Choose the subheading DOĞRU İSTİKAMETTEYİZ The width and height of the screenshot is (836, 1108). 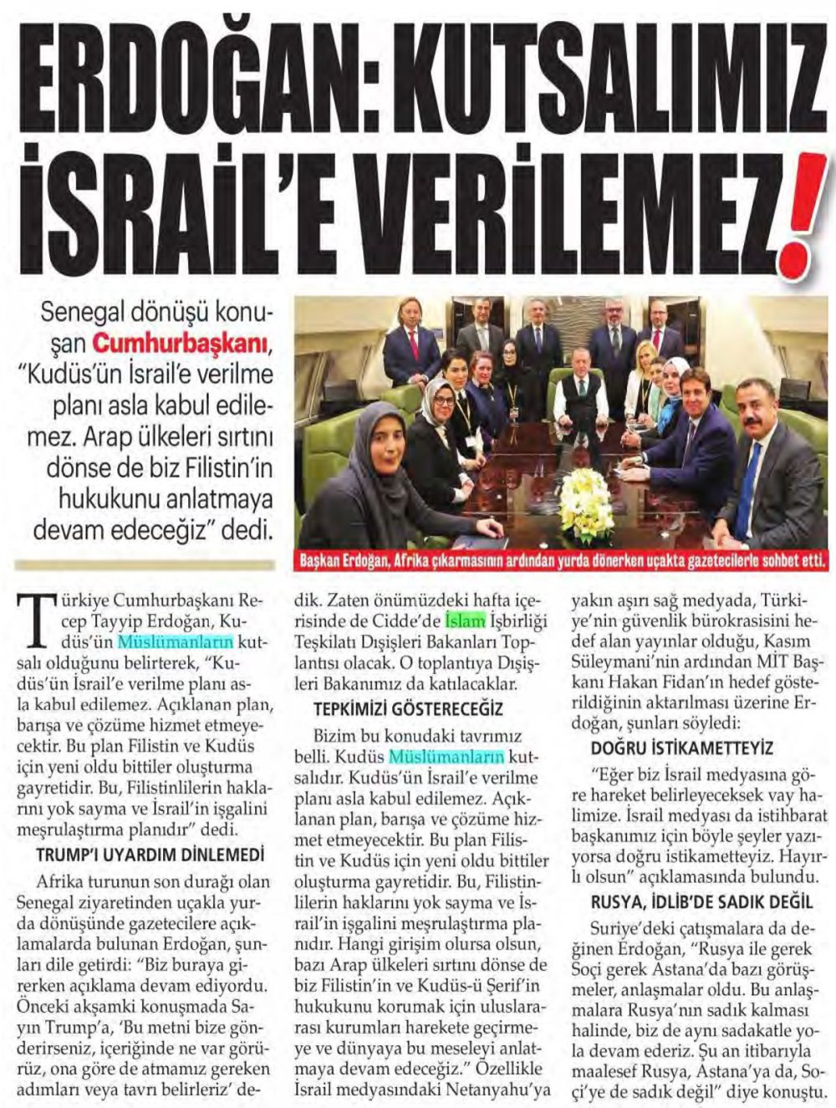point(682,748)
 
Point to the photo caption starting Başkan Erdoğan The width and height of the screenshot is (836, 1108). point(563,561)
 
